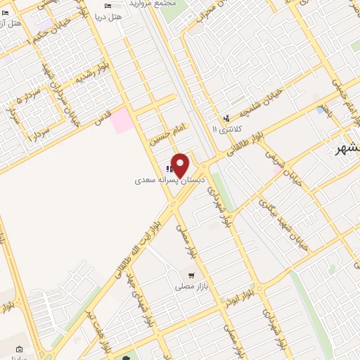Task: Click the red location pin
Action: click(x=180, y=165)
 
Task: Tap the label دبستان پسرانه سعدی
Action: click(x=163, y=181)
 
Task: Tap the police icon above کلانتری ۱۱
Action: click(x=226, y=118)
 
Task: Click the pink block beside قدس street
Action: click(x=120, y=120)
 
